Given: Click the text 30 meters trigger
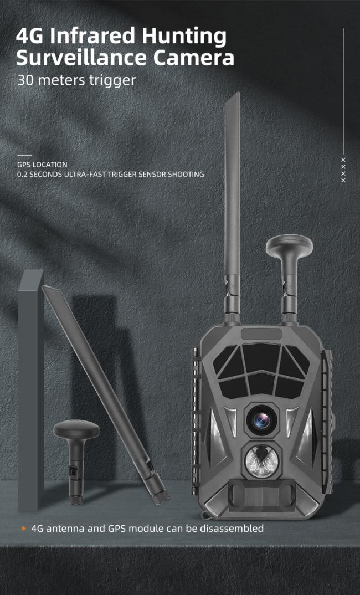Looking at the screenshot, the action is click(76, 80).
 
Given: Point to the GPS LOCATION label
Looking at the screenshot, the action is click(42, 165).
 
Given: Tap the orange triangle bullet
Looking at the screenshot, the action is click(24, 528).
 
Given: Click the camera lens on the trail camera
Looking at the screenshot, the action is click(262, 420).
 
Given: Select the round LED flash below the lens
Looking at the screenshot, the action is click(261, 461).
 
